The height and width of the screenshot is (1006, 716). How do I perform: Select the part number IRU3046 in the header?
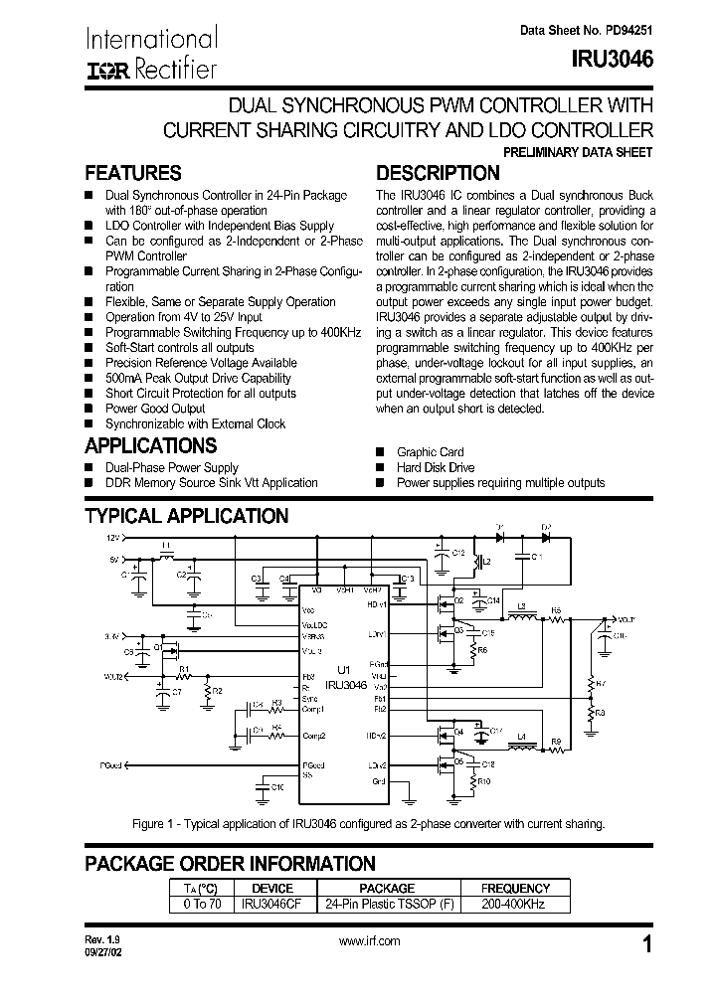click(x=613, y=59)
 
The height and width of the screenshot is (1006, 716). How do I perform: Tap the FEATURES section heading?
click(x=132, y=172)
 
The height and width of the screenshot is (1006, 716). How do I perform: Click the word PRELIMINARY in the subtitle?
click(x=550, y=152)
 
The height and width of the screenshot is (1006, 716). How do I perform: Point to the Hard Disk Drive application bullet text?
click(x=435, y=467)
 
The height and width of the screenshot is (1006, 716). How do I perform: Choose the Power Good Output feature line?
click(x=155, y=409)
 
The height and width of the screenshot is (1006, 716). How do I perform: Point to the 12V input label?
click(x=108, y=537)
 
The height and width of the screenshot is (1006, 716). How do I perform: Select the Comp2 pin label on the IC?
click(x=314, y=736)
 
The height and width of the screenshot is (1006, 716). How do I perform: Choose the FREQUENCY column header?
click(x=514, y=888)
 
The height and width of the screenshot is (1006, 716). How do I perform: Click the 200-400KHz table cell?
click(x=514, y=905)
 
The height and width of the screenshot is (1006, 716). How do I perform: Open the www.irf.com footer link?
click(x=369, y=940)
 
